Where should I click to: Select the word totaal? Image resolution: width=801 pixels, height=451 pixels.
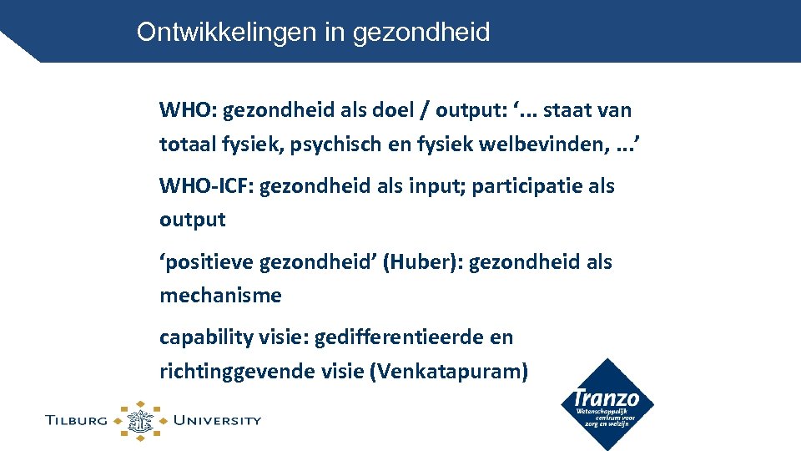tap(185, 144)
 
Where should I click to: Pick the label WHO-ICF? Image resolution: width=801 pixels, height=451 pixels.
tap(206, 186)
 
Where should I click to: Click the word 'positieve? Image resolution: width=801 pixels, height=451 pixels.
tap(206, 262)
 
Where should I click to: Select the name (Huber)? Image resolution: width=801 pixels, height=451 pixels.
tap(422, 262)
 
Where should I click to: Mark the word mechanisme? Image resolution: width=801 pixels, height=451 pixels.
tap(220, 296)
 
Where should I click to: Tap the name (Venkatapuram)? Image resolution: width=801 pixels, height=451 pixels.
tap(448, 372)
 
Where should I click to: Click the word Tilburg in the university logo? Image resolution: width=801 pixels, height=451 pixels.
tap(77, 421)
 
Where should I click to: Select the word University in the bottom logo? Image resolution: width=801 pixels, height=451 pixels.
tap(216, 421)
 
